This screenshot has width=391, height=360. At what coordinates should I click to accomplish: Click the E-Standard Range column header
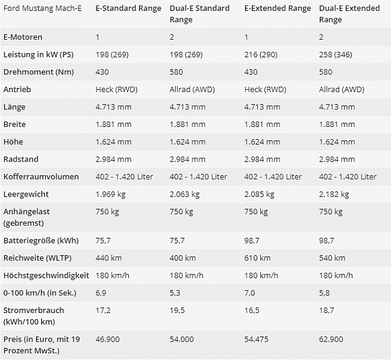point(128,9)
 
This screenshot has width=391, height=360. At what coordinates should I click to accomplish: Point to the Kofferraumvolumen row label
point(42,176)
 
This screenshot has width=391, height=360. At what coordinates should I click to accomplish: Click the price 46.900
point(108,339)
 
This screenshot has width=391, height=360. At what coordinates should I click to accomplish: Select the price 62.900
point(331,339)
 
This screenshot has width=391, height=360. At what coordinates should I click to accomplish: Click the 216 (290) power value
point(261,55)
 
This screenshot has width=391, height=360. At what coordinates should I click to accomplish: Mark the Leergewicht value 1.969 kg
point(111,194)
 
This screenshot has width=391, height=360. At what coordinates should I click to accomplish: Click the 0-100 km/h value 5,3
point(175,293)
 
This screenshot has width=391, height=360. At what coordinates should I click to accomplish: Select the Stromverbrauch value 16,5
point(250,310)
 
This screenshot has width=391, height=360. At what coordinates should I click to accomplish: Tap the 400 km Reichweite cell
point(183,258)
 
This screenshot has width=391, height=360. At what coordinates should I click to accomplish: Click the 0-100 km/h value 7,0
point(250,293)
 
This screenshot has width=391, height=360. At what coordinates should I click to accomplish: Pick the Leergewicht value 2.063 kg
point(185,194)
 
